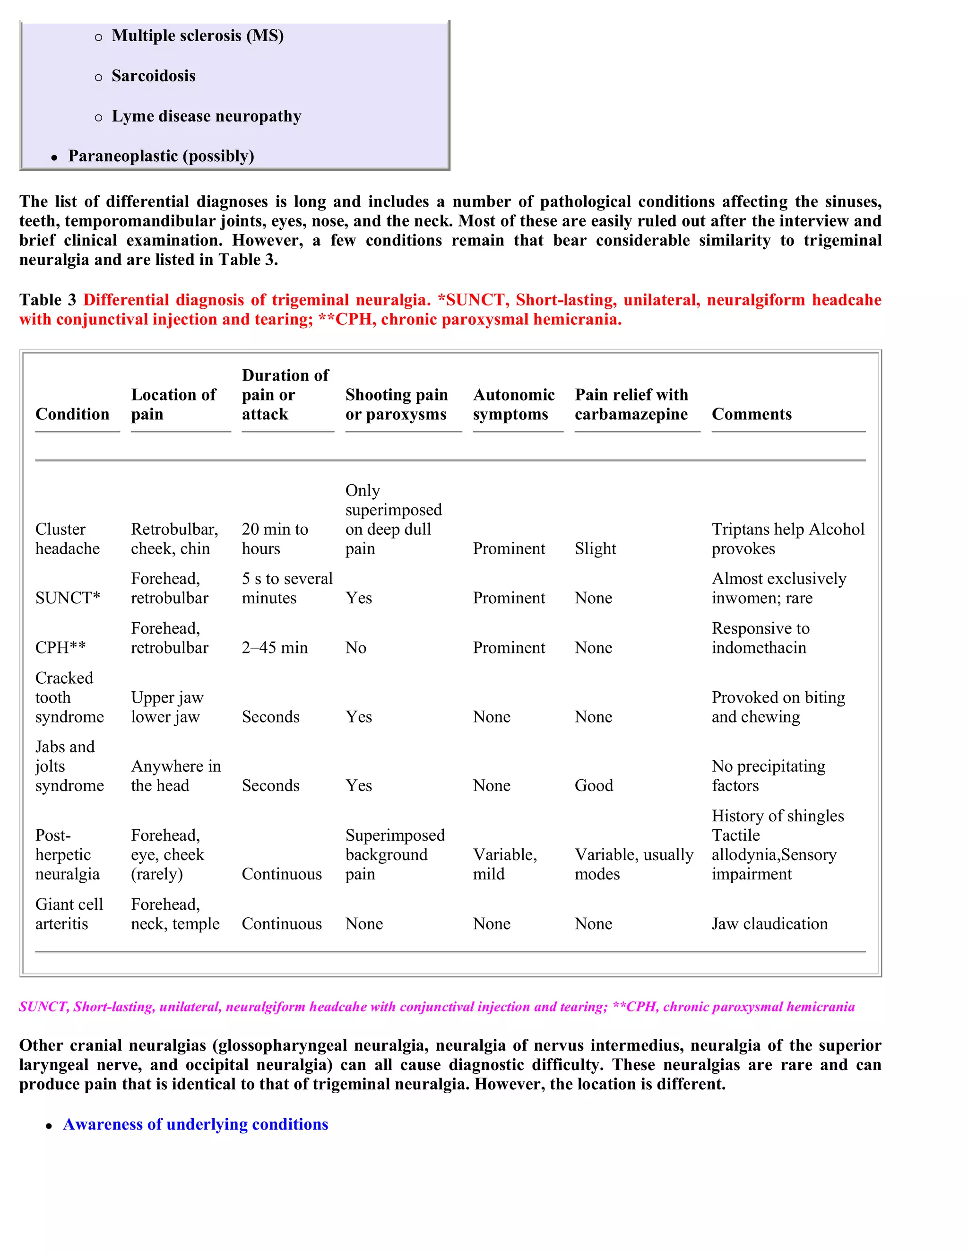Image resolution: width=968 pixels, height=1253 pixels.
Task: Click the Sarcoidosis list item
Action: [153, 76]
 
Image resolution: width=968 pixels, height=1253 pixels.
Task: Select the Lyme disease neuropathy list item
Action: [206, 116]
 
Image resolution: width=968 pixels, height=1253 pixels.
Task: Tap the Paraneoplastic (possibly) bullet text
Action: [161, 156]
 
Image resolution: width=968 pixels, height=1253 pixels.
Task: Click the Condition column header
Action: [72, 414]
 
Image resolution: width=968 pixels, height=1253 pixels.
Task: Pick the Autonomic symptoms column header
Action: [513, 404]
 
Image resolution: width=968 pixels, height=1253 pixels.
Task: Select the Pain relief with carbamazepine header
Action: [631, 404]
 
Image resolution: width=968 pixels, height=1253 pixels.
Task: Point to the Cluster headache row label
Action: [67, 538]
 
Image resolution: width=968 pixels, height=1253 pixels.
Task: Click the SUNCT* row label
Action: [67, 598]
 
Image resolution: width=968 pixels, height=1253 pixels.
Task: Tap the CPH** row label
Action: [60, 647]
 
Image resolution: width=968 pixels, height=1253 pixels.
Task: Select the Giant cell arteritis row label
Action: [69, 914]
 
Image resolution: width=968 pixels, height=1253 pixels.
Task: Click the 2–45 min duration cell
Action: [275, 647]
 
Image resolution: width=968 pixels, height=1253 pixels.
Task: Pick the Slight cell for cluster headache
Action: [595, 548]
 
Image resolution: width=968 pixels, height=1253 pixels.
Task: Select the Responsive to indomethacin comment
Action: [760, 637]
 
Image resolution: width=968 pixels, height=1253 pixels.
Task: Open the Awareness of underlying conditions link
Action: [195, 1124]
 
